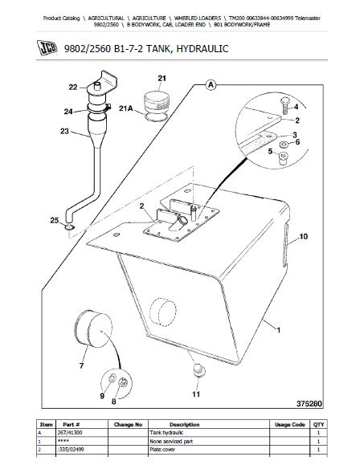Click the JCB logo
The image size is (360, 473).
coord(47,47)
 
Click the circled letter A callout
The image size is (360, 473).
coord(211,85)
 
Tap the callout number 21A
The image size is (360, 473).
coord(126,108)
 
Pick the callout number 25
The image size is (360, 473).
coord(55,221)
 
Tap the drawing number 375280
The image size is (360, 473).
coord(309,403)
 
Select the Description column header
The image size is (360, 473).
coord(184,425)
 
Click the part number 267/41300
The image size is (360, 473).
coord(69,433)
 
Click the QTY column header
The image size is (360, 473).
coord(319,425)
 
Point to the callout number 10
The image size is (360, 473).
coord(303,236)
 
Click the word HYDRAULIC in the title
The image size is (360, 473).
coord(202,48)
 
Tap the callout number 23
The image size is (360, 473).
coord(64,131)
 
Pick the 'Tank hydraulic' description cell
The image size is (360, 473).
coord(166,433)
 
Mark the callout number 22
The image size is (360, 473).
coord(73,88)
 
